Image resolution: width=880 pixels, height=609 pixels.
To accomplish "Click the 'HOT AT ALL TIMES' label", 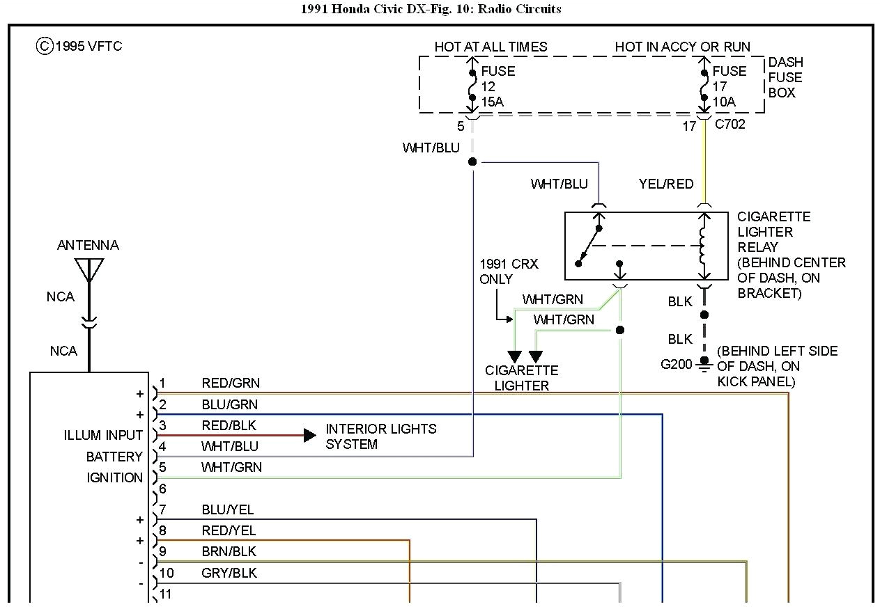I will (491, 47).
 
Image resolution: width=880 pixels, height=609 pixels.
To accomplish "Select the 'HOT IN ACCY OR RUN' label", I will (682, 47).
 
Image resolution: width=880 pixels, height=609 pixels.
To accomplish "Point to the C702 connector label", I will (730, 125).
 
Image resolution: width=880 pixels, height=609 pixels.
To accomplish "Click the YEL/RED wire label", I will (666, 184).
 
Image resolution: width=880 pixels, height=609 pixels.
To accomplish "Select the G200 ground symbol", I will (704, 363).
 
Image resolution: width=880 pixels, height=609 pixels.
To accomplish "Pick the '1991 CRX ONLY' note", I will (509, 272).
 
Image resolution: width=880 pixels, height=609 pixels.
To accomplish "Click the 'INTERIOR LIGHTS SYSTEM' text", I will (380, 436).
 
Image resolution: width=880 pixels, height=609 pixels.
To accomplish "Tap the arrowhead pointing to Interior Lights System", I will (310, 436).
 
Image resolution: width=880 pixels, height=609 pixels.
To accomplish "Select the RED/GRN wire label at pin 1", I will (230, 383).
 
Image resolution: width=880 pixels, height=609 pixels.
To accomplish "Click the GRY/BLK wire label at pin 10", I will (229, 573).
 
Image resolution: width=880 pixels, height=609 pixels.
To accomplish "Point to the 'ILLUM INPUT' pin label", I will (103, 436).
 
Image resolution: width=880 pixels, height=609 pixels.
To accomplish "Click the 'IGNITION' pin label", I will (114, 477).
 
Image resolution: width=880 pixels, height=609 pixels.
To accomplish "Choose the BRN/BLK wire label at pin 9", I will (229, 551).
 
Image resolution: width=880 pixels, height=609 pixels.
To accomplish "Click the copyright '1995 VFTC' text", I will (79, 47).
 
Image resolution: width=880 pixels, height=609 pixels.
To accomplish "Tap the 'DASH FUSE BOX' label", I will (785, 77).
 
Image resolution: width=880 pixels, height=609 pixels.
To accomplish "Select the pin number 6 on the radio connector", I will (162, 489).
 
